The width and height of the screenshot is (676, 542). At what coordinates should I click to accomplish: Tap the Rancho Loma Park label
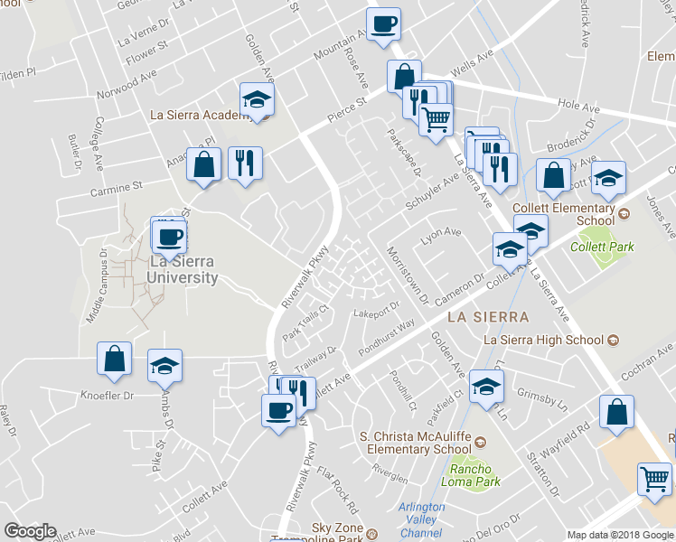[473, 475]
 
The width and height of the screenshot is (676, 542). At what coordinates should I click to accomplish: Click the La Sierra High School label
[542, 341]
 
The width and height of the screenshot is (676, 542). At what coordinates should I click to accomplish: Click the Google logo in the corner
[30, 531]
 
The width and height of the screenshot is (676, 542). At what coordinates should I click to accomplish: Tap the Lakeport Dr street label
[375, 313]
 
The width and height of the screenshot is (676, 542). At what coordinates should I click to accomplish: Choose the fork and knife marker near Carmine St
[245, 163]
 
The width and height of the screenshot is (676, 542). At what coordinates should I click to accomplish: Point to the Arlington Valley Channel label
[421, 520]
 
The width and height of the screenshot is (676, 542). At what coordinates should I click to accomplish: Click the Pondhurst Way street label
[386, 334]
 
